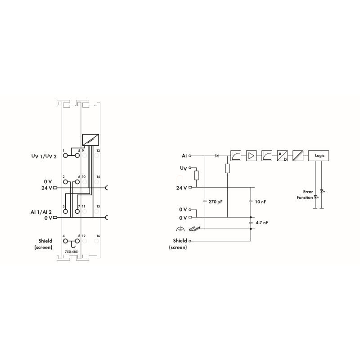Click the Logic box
tap(319, 156)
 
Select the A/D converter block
tap(283, 156)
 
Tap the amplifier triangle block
tap(251, 156)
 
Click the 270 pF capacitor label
tap(216, 202)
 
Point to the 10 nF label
tap(261, 202)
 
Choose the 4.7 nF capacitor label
tap(262, 222)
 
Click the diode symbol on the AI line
tap(217, 156)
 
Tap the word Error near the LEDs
tap(308, 192)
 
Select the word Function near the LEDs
tap(305, 198)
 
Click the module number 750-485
tap(71, 252)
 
